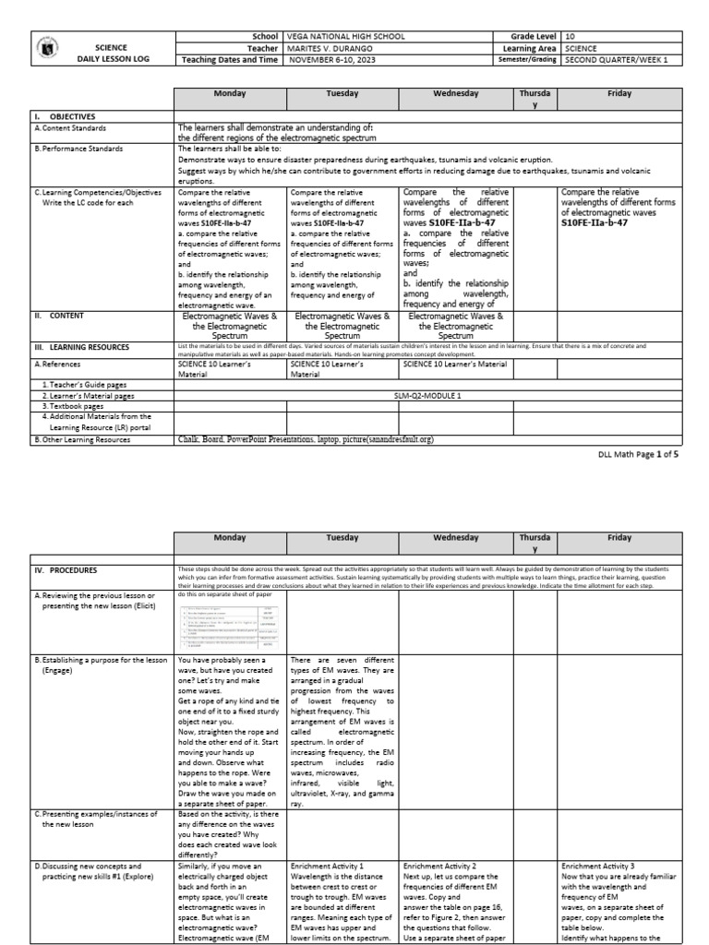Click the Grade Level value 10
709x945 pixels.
pyautogui.click(x=572, y=35)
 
